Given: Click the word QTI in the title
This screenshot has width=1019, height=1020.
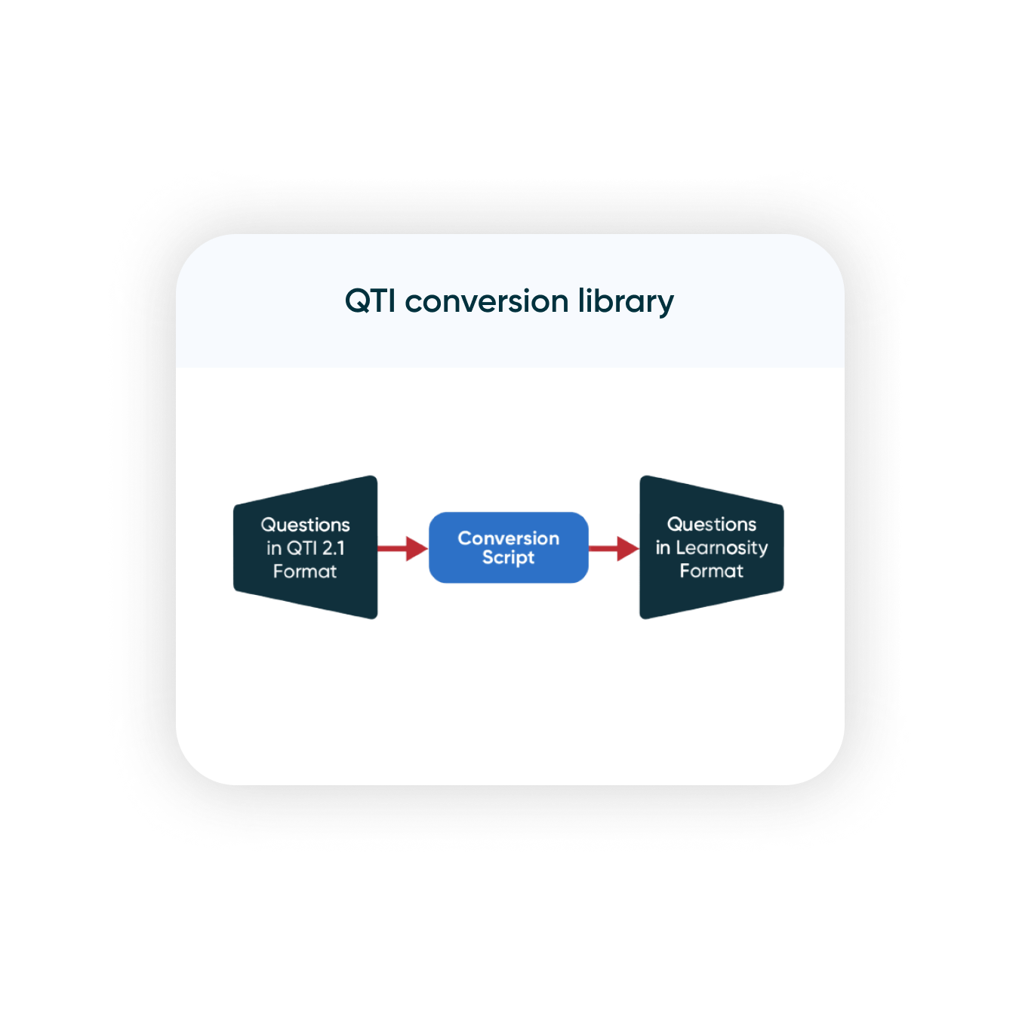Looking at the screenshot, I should point(370,301).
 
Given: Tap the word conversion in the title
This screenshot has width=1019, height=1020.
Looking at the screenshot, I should point(487,301).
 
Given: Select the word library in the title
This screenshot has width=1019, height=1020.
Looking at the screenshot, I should point(626,302).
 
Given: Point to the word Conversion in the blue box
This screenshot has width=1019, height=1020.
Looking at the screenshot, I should point(508,538).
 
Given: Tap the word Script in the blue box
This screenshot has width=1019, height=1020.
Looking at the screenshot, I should point(508,558).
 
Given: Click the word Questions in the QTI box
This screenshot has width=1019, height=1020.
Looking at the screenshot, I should point(305,525).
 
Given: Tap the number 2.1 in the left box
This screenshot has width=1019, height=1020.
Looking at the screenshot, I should point(333,548).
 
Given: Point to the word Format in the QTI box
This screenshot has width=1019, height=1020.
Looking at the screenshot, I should point(305,572).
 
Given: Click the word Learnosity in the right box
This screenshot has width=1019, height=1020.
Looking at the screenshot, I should point(722,548).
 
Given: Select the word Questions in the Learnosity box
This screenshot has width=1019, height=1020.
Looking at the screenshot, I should point(711,524).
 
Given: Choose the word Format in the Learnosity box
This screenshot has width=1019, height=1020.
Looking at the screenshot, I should point(711,571).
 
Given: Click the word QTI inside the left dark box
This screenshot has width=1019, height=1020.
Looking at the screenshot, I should point(303,548).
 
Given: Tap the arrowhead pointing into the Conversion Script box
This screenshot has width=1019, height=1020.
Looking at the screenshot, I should point(417,548).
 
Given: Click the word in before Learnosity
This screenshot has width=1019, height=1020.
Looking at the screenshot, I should point(663,548).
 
